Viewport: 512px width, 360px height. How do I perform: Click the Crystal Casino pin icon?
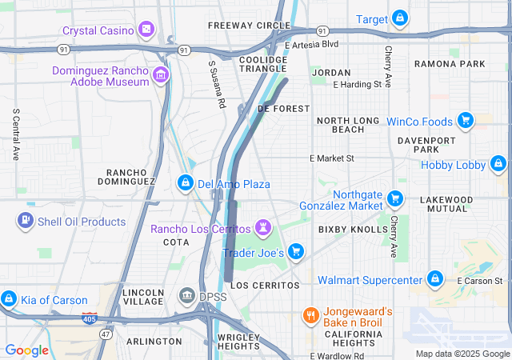click(146, 30)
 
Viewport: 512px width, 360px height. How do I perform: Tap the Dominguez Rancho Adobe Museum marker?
click(161, 76)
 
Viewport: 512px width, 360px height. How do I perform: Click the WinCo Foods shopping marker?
click(464, 122)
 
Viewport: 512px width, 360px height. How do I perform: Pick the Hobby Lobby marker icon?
click(498, 165)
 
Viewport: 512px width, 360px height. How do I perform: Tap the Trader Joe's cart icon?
click(296, 252)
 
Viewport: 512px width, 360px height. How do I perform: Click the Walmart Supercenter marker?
click(434, 279)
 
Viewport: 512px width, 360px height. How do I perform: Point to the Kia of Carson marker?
click(9, 300)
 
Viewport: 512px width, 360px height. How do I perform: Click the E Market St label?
click(332, 158)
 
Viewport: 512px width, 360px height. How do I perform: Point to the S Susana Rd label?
click(217, 85)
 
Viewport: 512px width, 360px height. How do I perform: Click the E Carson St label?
click(479, 281)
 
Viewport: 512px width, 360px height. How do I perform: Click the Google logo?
click(26, 350)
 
